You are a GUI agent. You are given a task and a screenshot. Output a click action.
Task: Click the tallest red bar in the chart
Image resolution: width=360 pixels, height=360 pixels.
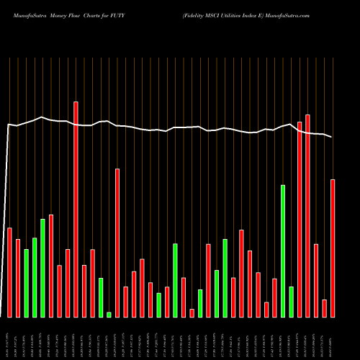pyautogui.click(x=76, y=209)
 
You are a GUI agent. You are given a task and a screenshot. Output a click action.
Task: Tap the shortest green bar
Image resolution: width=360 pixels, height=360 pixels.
pyautogui.click(x=109, y=314)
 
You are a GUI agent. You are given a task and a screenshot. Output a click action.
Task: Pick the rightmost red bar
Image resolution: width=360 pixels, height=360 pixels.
pyautogui.click(x=333, y=248)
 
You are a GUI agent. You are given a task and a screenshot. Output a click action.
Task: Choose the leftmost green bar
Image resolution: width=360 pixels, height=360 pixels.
pyautogui.click(x=26, y=283)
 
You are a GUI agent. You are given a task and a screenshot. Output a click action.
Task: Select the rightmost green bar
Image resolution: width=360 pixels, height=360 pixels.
pyautogui.click(x=292, y=302)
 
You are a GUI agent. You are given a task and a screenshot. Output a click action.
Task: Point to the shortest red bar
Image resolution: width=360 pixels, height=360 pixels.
pyautogui.click(x=192, y=312)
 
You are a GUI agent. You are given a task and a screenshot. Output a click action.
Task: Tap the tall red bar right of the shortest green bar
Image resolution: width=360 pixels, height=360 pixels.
pyautogui.click(x=117, y=243)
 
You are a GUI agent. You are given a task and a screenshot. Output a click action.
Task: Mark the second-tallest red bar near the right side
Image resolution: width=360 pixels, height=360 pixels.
pyautogui.click(x=308, y=215)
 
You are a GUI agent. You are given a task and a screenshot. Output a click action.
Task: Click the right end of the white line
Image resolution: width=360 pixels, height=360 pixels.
pyautogui.click(x=332, y=137)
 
